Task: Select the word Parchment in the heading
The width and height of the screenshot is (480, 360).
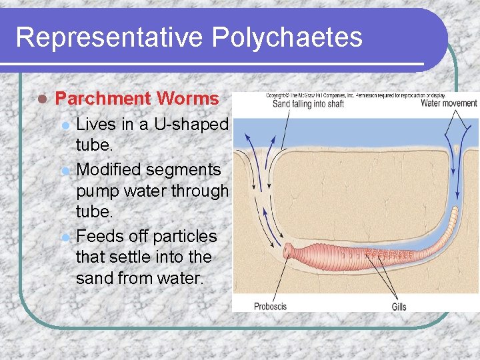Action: [103, 99]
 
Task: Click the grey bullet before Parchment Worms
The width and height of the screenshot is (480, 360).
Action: [41, 99]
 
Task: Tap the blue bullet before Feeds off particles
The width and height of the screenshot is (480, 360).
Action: [64, 237]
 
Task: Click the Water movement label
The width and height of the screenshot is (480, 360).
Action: [449, 103]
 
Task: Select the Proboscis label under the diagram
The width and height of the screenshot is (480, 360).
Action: [270, 306]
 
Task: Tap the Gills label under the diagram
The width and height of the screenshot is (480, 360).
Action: [399, 306]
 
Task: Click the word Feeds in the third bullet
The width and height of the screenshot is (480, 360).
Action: [99, 236]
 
